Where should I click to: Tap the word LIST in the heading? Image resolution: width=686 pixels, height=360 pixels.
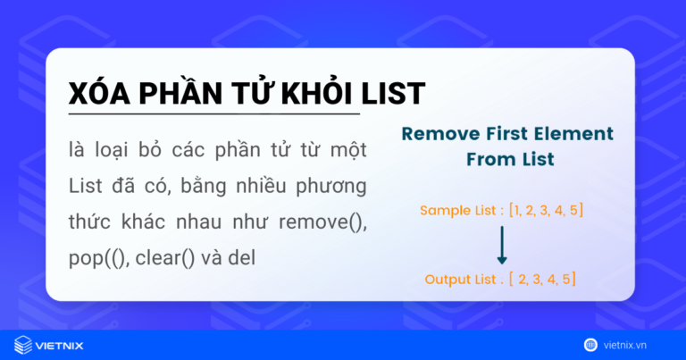pos(394,94)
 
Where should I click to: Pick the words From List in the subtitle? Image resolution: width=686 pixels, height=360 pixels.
pos(507,161)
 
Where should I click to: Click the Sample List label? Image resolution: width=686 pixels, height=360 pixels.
pos(459,211)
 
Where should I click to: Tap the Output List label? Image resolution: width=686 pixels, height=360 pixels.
pos(462,280)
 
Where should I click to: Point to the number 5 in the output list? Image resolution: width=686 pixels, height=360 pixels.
pos(567,280)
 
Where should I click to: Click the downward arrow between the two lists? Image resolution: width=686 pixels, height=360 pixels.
pos(502,244)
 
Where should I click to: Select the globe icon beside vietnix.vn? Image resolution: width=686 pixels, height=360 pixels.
pos(590,344)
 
